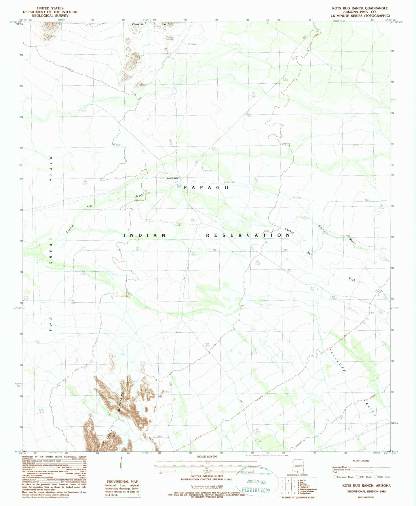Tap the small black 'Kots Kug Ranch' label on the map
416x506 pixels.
point(173,179)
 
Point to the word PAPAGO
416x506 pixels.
point(206,187)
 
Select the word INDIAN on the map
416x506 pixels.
point(145,235)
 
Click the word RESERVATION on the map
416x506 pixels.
point(248,235)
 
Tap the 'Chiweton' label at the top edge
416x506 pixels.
point(138,24)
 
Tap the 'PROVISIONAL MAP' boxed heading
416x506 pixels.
point(122,481)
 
